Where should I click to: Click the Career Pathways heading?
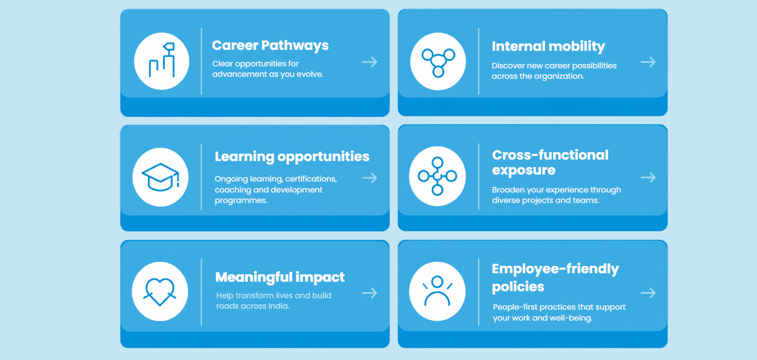click(x=270, y=46)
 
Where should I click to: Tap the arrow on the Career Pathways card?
click(x=370, y=62)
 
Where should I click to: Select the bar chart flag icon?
click(x=162, y=60)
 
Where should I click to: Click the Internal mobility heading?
click(x=548, y=47)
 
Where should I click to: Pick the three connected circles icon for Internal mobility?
click(x=438, y=63)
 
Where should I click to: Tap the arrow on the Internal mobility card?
click(x=648, y=62)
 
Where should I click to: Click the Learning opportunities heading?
click(x=292, y=157)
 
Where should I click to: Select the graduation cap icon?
click(x=161, y=177)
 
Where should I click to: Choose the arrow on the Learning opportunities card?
click(x=370, y=178)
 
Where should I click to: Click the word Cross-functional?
click(x=550, y=155)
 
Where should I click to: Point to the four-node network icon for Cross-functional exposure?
click(x=437, y=176)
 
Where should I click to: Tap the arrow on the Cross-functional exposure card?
click(x=648, y=178)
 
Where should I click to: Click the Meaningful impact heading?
click(x=280, y=278)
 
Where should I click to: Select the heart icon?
click(x=160, y=291)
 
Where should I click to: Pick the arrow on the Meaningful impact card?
click(x=370, y=293)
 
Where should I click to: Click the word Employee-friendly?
click(x=555, y=269)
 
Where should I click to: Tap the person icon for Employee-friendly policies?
click(x=437, y=291)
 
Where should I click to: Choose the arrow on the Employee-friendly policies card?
click(x=648, y=293)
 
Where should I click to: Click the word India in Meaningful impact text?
click(x=279, y=306)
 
